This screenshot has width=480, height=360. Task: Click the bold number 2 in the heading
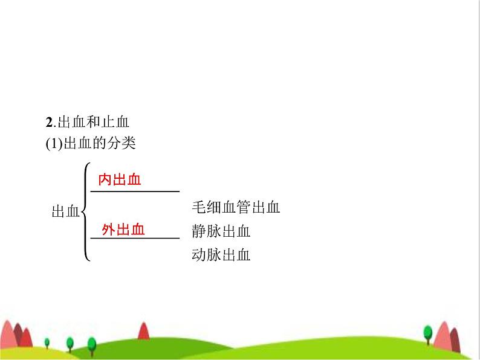(50, 122)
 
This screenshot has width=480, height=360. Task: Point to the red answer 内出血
(120, 179)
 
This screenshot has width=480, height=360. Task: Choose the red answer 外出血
(123, 229)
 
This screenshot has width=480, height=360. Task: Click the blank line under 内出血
(135, 191)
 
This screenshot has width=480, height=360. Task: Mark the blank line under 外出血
(135, 239)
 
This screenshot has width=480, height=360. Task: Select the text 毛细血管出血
(235, 208)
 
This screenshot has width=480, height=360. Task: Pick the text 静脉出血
(221, 231)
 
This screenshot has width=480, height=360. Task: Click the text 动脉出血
(221, 254)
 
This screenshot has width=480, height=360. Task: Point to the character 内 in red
(105, 179)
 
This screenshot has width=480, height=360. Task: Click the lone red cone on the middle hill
(143, 330)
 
